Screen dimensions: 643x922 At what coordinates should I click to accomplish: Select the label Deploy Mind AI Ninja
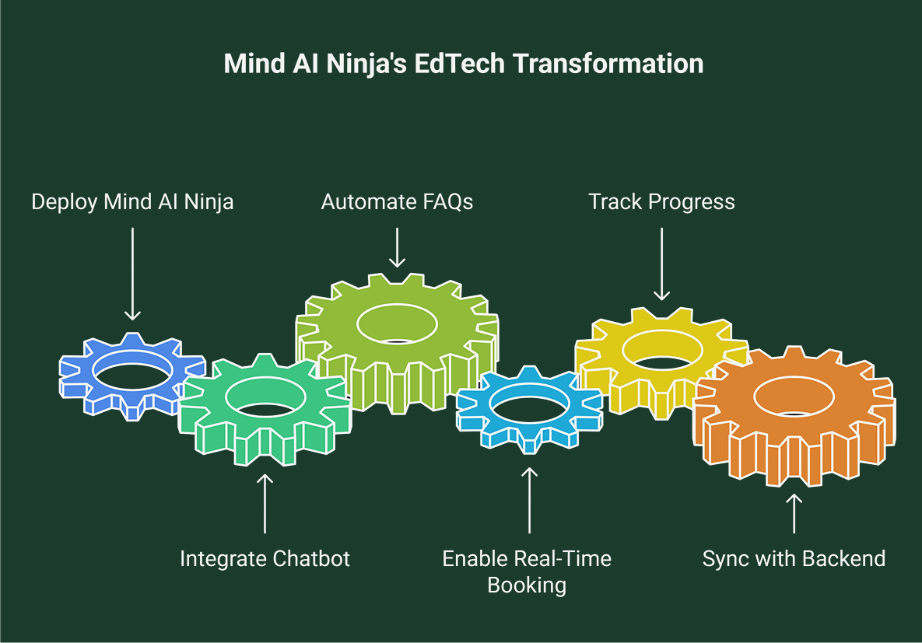[x=132, y=202]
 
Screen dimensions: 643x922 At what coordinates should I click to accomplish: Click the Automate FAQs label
[x=397, y=202]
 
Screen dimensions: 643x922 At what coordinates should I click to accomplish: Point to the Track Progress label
[x=661, y=202]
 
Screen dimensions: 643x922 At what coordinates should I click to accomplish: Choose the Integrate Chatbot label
[x=265, y=558]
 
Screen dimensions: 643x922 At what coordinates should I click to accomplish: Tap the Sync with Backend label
[x=794, y=558]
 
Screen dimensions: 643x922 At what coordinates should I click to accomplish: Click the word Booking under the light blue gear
[x=527, y=585]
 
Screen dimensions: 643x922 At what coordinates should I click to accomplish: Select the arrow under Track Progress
[x=661, y=264]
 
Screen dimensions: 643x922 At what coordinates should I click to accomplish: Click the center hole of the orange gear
[x=794, y=397]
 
